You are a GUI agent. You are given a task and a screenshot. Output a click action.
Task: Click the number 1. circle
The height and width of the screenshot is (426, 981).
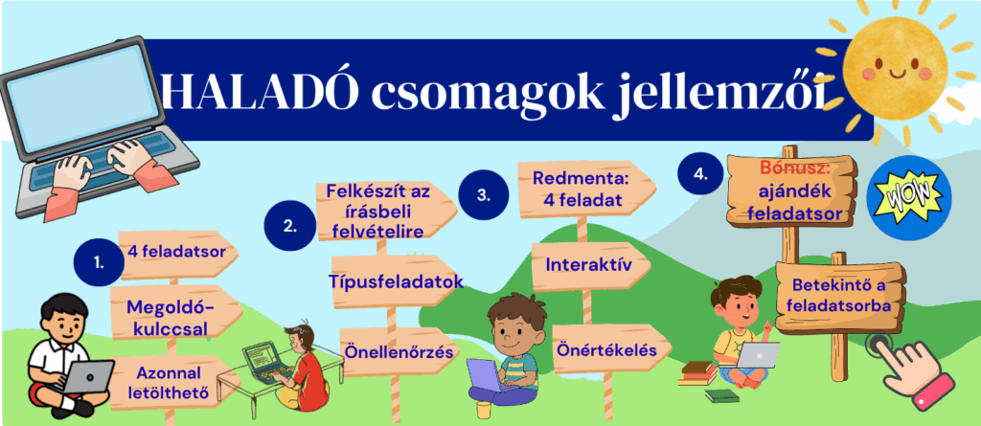pos(99,262)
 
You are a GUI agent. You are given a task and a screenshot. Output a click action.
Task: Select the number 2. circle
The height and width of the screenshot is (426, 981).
pos(289,225)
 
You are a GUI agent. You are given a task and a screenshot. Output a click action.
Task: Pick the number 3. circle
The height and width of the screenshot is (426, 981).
pos(483,194)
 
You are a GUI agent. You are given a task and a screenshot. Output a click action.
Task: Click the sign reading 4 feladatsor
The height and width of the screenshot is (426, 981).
pos(176,253)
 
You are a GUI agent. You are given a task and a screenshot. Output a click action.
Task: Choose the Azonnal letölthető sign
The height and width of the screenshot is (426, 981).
pos(172,382)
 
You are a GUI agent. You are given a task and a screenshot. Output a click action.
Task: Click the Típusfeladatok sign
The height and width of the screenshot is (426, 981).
pos(396,281)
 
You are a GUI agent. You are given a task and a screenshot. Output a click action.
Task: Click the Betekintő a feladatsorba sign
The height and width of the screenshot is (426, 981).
pos(840,297)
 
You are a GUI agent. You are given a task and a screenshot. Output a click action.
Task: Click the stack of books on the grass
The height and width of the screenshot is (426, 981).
pos(698,374)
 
